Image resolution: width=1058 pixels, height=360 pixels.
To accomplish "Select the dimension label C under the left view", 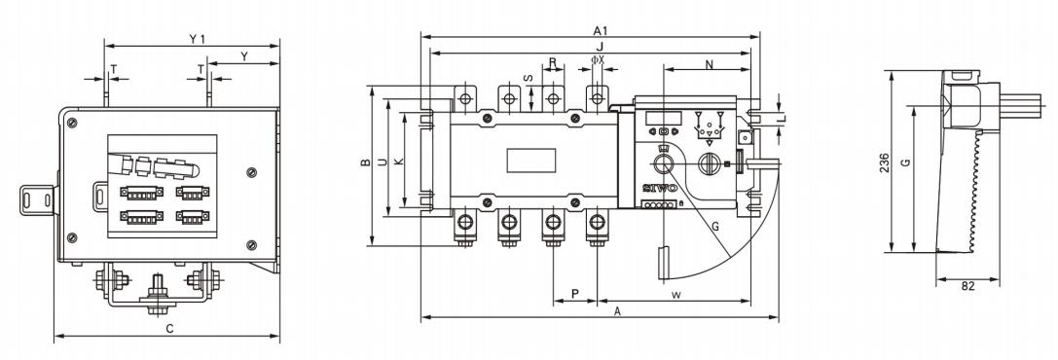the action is [170, 328].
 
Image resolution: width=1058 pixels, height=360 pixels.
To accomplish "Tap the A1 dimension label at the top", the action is [601, 30].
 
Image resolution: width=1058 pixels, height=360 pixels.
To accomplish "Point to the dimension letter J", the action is [600, 46].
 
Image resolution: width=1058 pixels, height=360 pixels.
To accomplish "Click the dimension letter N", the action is [709, 64].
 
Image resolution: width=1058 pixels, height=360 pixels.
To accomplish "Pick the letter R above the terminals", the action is [553, 62].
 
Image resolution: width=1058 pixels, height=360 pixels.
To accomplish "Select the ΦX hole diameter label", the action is [598, 60].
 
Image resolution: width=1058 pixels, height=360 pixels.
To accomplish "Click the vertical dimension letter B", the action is [364, 162].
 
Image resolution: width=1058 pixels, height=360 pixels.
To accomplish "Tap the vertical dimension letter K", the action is [398, 162].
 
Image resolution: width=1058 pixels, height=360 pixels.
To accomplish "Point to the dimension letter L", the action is [781, 119].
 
